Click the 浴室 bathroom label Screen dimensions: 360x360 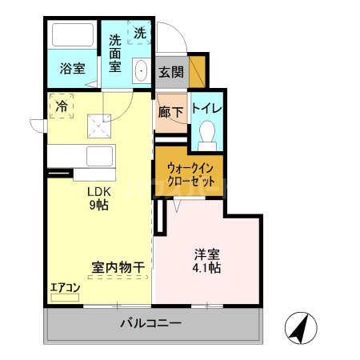72,69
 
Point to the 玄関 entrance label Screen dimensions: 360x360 170,72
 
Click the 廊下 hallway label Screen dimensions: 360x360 170,112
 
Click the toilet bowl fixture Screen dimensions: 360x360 207,134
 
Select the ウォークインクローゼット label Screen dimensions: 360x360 190,175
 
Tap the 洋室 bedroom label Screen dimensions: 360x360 206,255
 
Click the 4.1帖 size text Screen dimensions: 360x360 206,269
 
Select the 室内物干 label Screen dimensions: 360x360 118,268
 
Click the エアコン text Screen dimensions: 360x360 65,287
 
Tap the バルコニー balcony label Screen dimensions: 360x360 151,324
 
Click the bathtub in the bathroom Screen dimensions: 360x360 72,37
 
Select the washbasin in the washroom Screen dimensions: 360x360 142,71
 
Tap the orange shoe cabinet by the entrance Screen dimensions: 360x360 197,70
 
